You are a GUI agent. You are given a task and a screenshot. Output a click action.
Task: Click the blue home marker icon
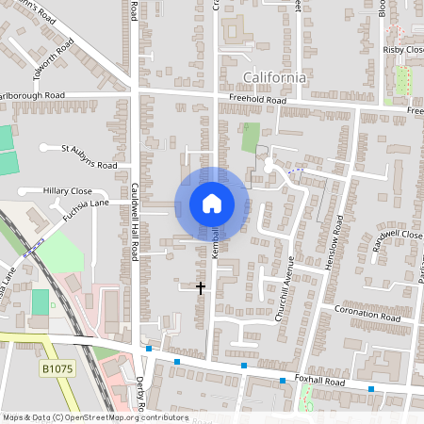tap(212, 203)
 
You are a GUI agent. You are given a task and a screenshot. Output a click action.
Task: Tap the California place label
tap(274, 77)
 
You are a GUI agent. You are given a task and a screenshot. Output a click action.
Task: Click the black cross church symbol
tap(201, 286)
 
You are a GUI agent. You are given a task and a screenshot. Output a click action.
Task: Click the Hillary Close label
tap(67, 190)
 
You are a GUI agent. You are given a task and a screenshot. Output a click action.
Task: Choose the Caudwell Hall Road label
tap(135, 221)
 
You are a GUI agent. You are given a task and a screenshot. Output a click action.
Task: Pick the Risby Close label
tap(401, 49)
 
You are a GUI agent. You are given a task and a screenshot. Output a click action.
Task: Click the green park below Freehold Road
tap(250, 137)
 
